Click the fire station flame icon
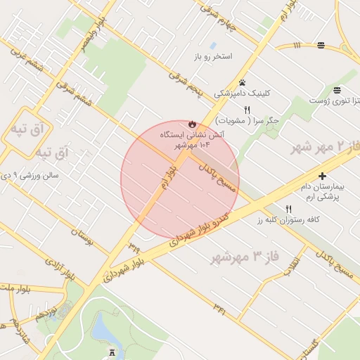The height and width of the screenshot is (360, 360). tap(192, 124)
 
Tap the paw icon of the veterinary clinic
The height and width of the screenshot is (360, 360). tap(242, 82)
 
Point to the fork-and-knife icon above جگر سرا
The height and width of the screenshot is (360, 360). tap(247, 110)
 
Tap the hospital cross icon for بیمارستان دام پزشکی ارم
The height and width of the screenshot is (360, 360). tap(323, 176)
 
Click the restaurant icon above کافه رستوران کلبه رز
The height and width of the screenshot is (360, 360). tap(288, 209)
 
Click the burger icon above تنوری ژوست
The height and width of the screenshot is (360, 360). tap(338, 89)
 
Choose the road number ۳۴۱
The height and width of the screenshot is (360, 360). tap(219, 307)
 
